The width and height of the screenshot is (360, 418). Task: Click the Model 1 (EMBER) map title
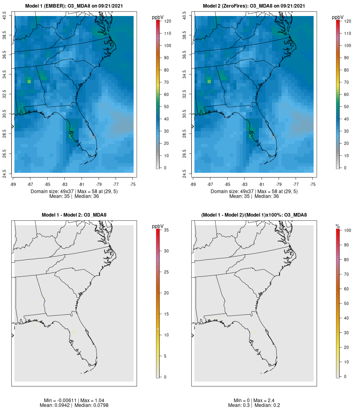pos(74,6)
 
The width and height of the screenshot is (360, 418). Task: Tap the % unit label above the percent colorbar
pos(338,226)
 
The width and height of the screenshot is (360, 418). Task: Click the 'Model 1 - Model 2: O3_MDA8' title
pos(74,215)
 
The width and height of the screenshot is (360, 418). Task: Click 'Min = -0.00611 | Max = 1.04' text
pos(74,400)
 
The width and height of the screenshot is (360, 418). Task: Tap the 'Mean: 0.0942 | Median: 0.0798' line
pos(74,405)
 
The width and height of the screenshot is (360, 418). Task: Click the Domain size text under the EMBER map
pos(74,192)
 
